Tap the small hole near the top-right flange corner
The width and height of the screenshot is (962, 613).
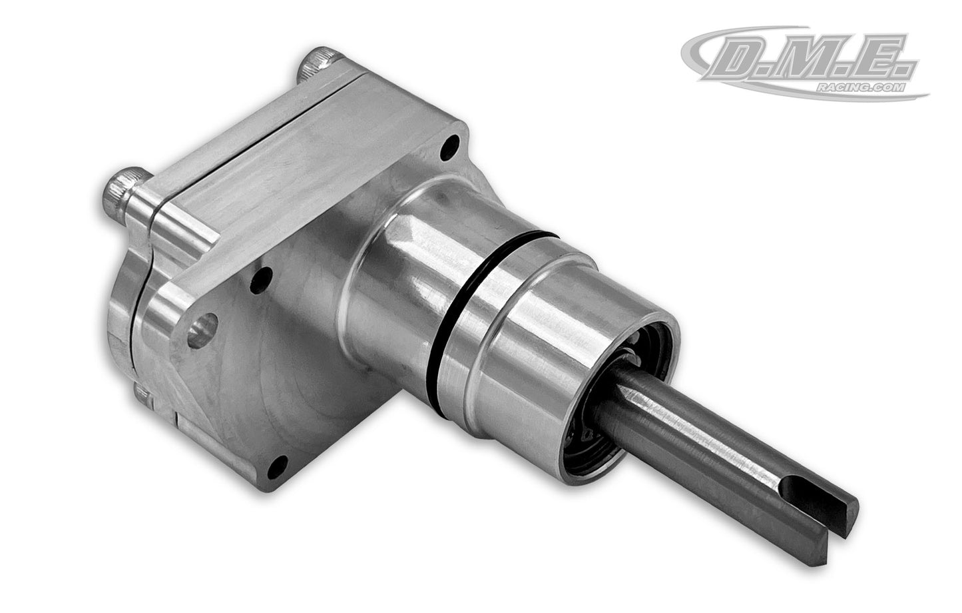click(453, 143)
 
